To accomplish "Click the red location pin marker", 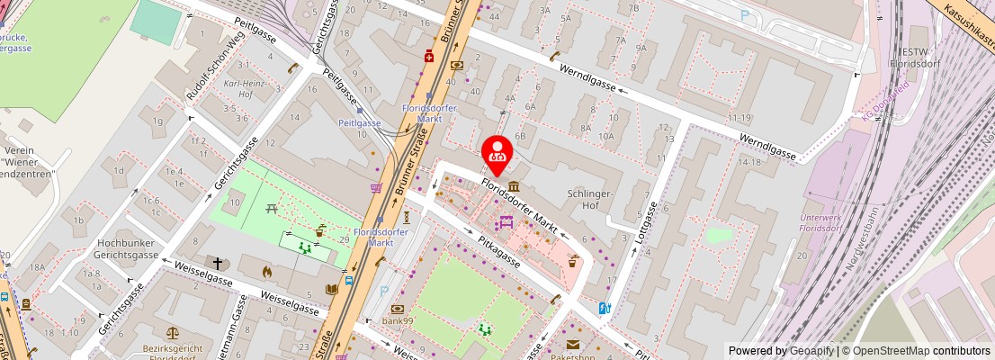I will [x=497, y=155].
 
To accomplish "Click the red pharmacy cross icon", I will [x=431, y=56].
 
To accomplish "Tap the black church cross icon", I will [x=217, y=264].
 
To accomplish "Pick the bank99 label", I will [x=397, y=321].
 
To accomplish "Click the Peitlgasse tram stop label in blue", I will [x=359, y=122].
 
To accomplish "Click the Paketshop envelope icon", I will [x=572, y=344].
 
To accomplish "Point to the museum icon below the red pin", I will [x=512, y=184].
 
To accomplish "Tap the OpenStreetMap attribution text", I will [x=916, y=351].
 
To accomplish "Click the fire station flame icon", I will [x=266, y=270].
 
